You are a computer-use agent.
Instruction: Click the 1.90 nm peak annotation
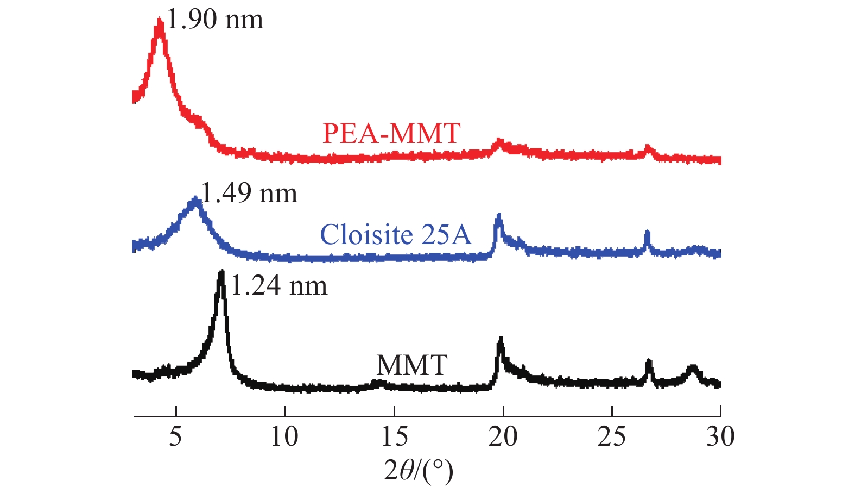coord(214,20)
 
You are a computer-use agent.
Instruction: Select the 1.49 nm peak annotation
coord(249,194)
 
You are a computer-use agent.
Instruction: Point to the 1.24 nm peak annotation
coord(279,286)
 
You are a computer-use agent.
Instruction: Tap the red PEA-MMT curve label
coord(391,133)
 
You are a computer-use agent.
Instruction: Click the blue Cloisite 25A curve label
coord(396,235)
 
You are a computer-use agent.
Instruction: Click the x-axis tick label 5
coord(175,436)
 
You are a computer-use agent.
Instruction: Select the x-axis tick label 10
coord(284,436)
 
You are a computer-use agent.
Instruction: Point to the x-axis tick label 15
coord(394,436)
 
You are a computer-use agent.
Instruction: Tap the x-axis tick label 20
coord(503,436)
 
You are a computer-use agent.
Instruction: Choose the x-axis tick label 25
coord(612,436)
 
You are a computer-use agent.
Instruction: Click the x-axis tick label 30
coord(720,436)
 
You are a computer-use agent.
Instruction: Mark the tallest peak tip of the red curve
coord(159,22)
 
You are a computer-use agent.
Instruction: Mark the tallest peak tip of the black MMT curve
coord(221,272)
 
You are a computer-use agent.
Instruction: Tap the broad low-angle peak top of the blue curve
coord(195,200)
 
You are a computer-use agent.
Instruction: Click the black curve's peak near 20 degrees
coord(501,340)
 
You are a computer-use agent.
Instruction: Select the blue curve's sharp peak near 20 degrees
coord(499,216)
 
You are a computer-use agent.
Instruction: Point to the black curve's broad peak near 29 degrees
coord(692,368)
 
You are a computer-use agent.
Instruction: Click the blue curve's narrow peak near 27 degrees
coord(647,233)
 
